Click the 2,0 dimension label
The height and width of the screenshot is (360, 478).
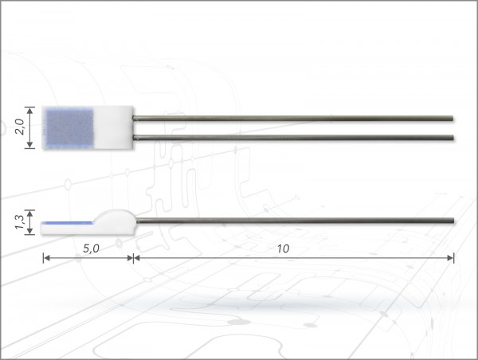pos(20,127)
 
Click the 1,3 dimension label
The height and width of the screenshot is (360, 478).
pos(20,222)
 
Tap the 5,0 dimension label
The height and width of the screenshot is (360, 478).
pos(91,248)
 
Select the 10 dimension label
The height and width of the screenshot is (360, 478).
pos(283,248)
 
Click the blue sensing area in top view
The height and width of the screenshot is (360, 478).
pos(69,127)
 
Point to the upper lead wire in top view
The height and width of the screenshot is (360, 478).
pos(293,118)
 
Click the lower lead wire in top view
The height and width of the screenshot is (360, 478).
pos(293,138)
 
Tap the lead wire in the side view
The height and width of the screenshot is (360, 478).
pos(295,221)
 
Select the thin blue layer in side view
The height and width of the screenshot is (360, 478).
pos(67,223)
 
